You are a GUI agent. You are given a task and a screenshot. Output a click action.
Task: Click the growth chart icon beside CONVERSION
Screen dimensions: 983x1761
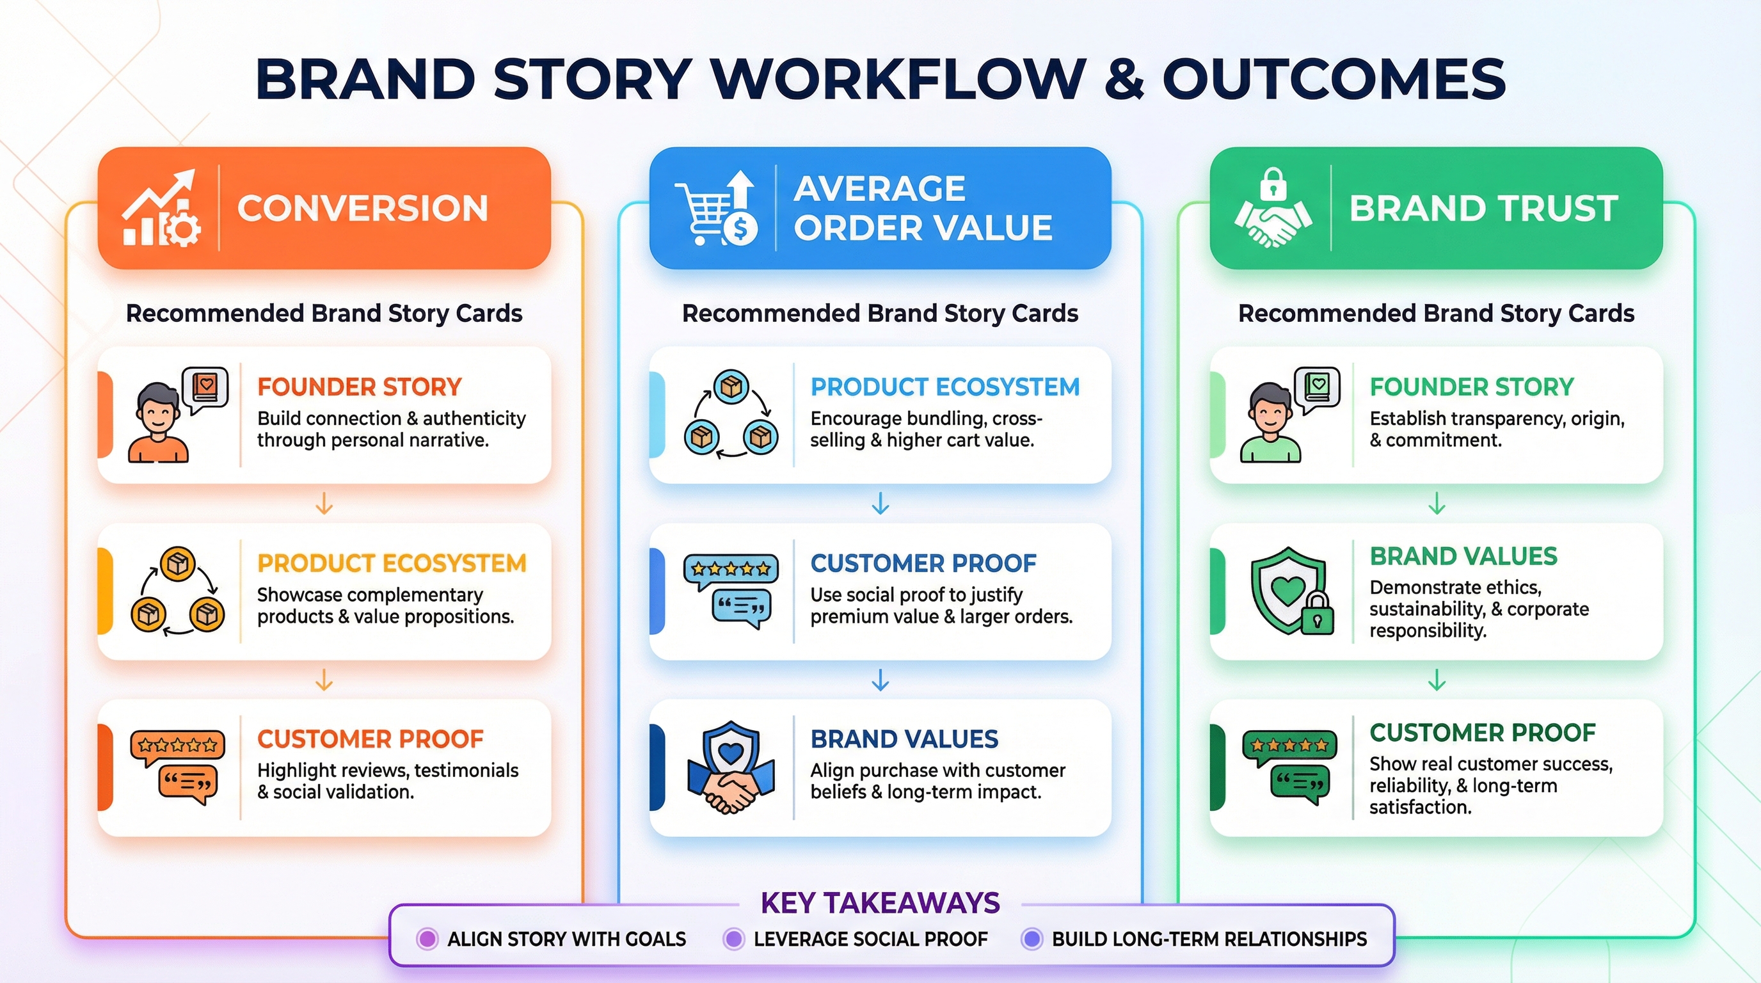(162, 209)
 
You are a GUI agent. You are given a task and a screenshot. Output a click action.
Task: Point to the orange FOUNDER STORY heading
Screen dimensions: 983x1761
(360, 387)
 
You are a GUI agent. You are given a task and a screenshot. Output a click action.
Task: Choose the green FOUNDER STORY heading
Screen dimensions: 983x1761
(1471, 387)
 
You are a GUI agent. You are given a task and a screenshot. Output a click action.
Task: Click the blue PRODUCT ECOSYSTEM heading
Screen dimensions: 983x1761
(944, 387)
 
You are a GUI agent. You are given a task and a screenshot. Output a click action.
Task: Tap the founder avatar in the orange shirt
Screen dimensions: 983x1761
(158, 422)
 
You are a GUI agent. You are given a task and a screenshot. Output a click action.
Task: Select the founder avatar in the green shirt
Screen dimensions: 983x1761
(1270, 422)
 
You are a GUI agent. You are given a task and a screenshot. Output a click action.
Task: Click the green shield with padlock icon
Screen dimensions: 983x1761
(1291, 591)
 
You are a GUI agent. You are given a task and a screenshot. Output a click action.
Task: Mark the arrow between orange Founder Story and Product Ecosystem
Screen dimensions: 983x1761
(324, 504)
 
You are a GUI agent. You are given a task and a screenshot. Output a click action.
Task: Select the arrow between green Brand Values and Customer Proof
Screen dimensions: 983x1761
(1437, 680)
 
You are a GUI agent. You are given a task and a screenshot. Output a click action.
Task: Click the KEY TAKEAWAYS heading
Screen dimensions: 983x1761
(880, 903)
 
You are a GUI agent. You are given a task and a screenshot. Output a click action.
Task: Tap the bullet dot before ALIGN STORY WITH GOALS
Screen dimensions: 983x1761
(427, 939)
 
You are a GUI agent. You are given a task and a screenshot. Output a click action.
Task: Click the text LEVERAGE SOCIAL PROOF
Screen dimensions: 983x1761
(870, 939)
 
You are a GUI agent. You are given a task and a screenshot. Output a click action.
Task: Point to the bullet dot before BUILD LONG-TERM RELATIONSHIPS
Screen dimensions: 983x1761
(1032, 939)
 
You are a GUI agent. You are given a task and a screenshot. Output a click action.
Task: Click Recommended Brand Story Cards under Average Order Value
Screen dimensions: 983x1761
(880, 313)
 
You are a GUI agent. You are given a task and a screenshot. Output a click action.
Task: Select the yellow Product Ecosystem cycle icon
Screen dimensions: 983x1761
(178, 592)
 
